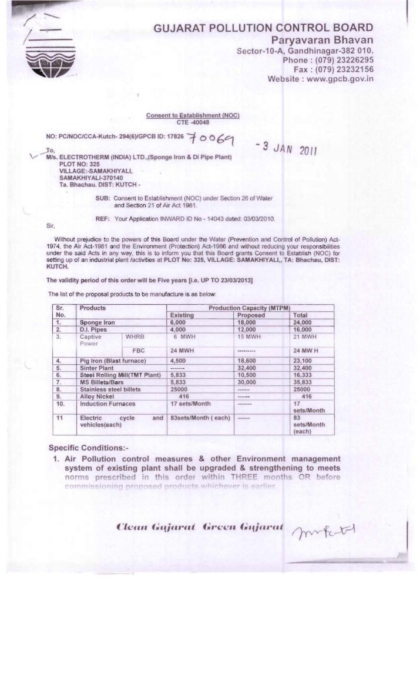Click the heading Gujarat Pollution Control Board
(x=263, y=28)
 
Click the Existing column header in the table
(x=182, y=315)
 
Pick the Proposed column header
(x=251, y=315)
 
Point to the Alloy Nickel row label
(x=98, y=397)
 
